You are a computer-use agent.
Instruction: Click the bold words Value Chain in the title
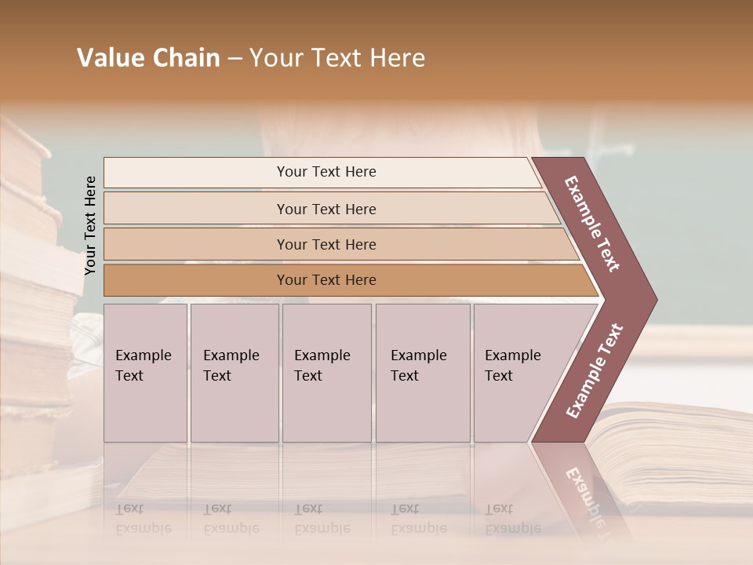click(x=148, y=58)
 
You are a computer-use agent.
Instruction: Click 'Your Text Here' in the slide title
click(x=337, y=58)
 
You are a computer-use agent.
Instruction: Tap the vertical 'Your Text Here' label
click(x=91, y=225)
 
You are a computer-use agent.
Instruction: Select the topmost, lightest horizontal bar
click(x=322, y=172)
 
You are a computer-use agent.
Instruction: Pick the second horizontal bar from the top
click(x=329, y=209)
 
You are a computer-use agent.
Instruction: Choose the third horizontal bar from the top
click(x=337, y=244)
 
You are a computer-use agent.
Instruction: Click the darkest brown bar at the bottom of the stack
click(x=345, y=280)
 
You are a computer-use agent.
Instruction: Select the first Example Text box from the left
click(x=145, y=373)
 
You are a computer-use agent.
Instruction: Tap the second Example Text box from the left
click(x=235, y=373)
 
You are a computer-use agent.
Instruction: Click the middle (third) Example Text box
click(x=326, y=373)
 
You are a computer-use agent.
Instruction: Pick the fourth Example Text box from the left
click(x=423, y=373)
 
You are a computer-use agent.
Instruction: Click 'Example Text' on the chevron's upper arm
click(x=592, y=224)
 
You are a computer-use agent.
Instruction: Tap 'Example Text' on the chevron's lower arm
click(x=595, y=371)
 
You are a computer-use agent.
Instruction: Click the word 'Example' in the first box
click(x=143, y=355)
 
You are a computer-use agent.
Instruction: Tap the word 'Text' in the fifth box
click(x=498, y=376)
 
